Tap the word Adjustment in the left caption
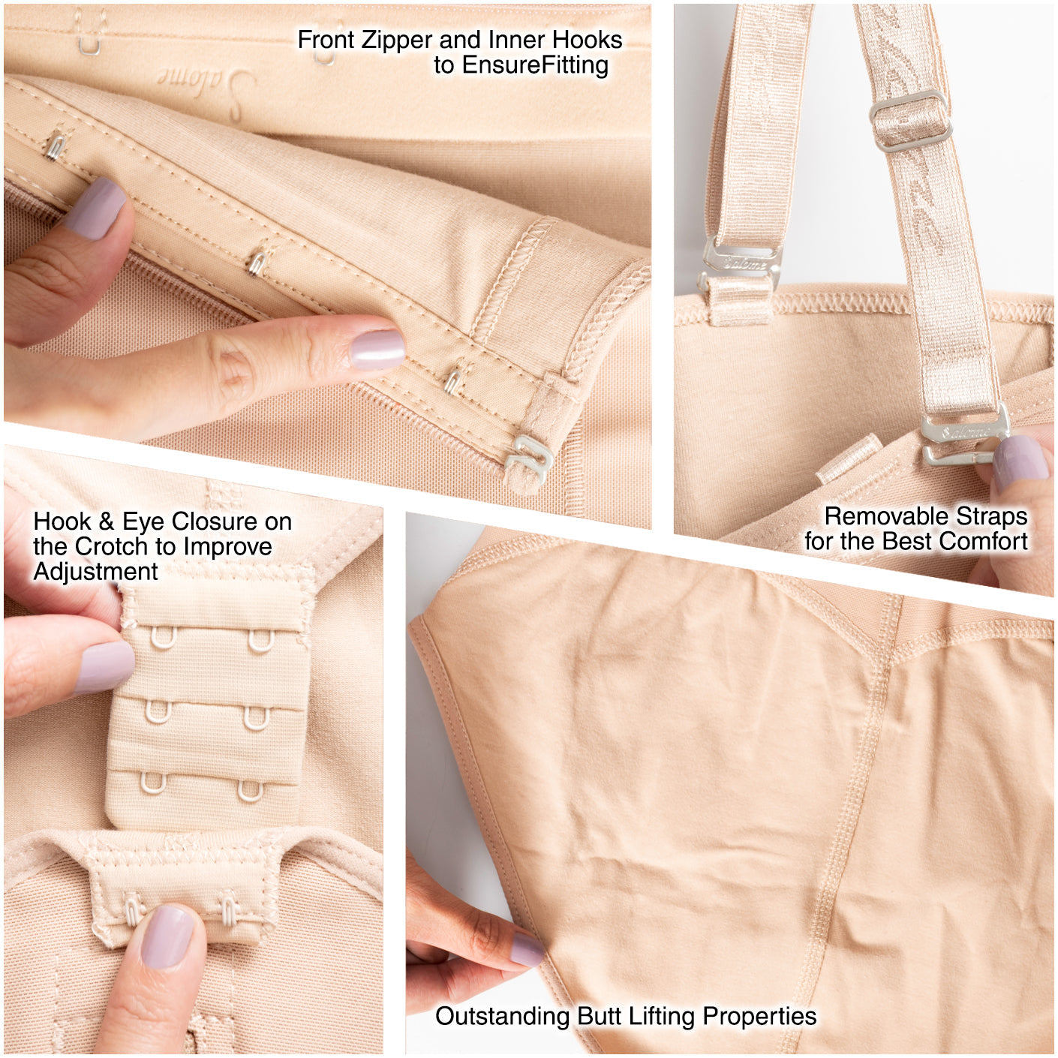point(95,573)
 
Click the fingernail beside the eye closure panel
point(104,667)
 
